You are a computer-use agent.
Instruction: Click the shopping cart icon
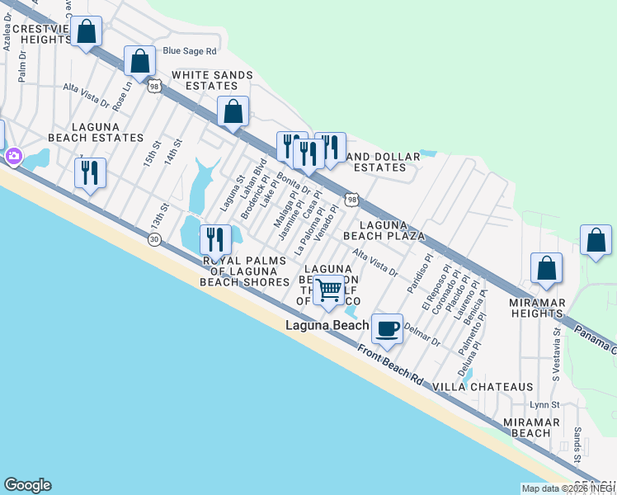coord(329,290)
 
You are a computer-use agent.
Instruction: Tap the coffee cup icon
coord(387,328)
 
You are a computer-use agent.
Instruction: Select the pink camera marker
coord(14,155)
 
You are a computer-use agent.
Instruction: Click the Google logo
coord(27,485)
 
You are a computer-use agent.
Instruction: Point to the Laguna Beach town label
coord(327,325)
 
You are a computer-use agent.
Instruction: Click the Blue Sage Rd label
coord(190,50)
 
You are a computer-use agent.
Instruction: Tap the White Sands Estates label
coord(212,80)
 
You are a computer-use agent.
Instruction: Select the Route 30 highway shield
coord(154,239)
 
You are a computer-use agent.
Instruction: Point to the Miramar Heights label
coord(537,308)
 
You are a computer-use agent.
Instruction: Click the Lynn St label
coord(544,405)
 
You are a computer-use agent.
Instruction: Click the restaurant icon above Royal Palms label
coord(215,239)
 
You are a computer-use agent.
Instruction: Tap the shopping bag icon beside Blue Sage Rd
coord(140,60)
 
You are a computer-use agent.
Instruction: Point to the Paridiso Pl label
coord(419,274)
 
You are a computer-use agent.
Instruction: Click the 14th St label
coord(172,153)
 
